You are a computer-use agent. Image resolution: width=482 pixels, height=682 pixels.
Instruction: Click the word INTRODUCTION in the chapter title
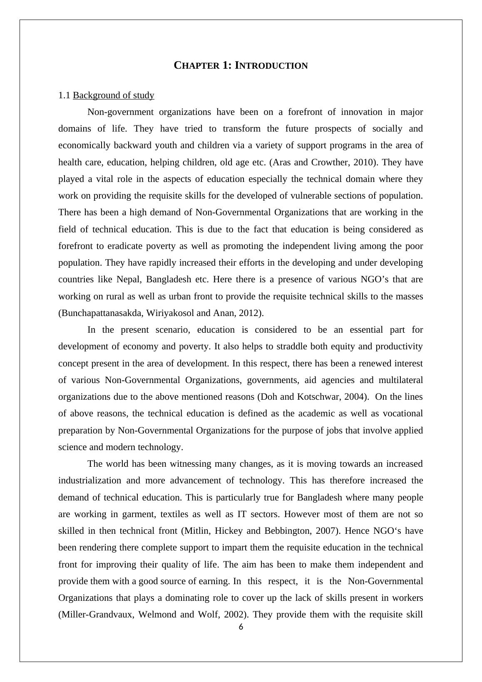tap(271, 66)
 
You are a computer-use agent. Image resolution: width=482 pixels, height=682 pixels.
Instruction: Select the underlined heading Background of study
tap(114, 95)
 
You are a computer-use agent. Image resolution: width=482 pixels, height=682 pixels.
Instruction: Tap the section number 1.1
tap(64, 95)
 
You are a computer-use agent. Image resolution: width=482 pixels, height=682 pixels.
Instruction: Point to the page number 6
tap(241, 627)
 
